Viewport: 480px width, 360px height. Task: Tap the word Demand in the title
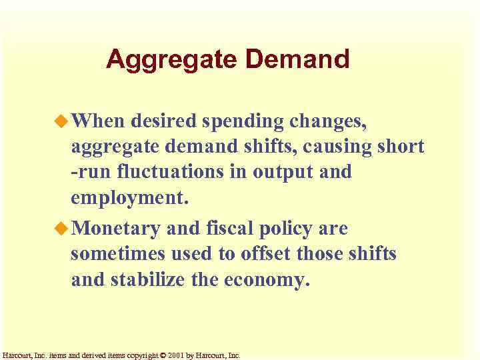pyautogui.click(x=297, y=60)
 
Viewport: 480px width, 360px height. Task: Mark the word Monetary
pyautogui.click(x=115, y=229)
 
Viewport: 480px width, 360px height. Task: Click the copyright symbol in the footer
pyautogui.click(x=163, y=355)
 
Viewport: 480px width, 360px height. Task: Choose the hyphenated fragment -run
pyautogui.click(x=92, y=173)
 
